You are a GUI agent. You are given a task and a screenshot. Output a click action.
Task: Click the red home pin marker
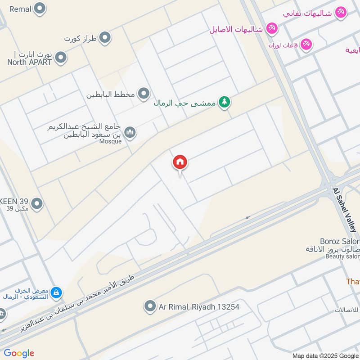[180, 162]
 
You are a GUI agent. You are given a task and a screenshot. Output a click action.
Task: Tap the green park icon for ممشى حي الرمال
[224, 103]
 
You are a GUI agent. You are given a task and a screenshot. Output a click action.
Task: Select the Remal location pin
[40, 8]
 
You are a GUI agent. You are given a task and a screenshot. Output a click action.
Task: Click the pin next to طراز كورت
[105, 38]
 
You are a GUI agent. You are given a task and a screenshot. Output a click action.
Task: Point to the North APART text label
[30, 63]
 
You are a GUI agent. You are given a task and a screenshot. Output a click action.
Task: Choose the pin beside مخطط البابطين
[144, 94]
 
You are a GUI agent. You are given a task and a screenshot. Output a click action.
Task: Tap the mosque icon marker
[130, 132]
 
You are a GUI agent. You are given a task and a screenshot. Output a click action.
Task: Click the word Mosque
[110, 141]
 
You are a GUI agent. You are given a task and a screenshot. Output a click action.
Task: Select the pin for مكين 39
[37, 204]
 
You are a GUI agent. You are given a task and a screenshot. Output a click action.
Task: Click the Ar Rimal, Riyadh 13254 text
[199, 307]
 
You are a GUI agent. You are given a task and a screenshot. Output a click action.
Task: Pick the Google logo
[19, 353]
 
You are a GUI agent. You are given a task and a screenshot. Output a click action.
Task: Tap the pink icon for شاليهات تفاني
[341, 12]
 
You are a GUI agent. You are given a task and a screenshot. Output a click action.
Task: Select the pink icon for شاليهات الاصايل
[272, 29]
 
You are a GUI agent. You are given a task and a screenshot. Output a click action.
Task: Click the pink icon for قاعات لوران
[306, 44]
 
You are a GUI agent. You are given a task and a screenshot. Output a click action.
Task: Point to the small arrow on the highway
[247, 218]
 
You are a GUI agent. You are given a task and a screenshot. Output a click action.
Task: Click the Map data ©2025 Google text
[326, 355]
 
